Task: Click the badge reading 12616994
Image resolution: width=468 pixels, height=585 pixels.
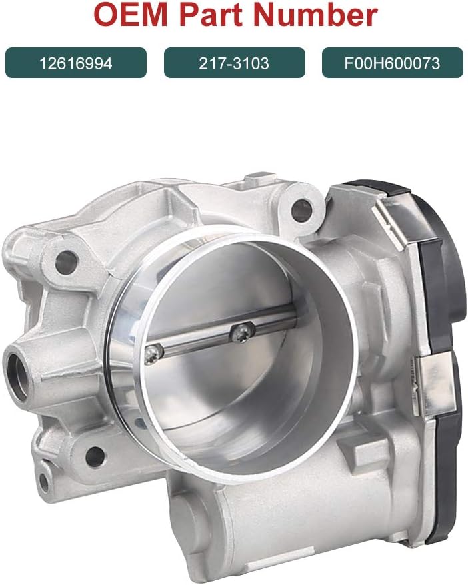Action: [x=75, y=63]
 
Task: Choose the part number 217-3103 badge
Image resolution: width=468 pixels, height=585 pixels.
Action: [x=234, y=63]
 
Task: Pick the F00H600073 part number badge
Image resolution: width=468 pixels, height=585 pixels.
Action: [x=392, y=63]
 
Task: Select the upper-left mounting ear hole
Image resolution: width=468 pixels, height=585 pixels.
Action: [x=65, y=261]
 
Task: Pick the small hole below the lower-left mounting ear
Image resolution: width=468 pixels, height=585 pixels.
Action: [x=45, y=481]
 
